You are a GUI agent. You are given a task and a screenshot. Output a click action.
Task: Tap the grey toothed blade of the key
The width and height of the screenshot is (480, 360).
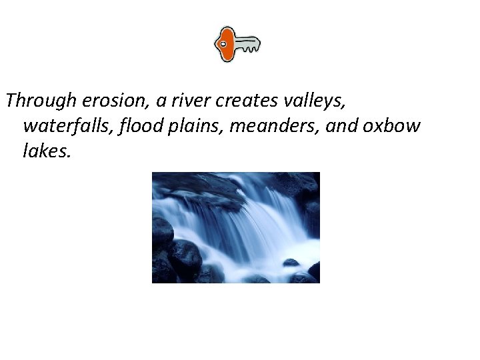point(247,45)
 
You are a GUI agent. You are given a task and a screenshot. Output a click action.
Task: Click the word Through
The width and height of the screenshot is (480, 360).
point(41,101)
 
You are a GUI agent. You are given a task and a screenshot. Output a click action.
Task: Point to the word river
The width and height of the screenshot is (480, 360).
point(191,101)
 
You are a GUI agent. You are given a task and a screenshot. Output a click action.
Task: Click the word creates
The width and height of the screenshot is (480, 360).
point(249,101)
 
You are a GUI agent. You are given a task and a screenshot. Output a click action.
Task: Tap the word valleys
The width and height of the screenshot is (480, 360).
point(316,102)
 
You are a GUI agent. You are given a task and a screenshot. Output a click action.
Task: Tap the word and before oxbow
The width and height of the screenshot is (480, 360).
point(340,126)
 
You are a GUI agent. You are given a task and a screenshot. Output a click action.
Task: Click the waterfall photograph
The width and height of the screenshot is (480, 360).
point(235,227)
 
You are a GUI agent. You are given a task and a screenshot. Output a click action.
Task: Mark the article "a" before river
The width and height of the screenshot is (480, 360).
point(161,102)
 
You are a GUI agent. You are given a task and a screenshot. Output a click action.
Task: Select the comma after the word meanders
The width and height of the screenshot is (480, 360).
point(319,132)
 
